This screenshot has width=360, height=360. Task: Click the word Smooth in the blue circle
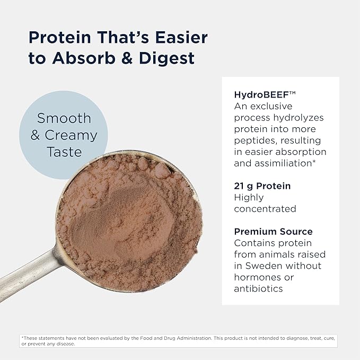click(64, 118)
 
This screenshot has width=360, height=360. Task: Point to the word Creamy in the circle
click(71, 135)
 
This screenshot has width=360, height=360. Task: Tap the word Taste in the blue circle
click(64, 152)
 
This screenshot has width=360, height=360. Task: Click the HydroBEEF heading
click(264, 95)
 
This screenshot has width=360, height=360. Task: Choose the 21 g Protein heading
click(262, 186)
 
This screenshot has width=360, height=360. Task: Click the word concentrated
click(265, 209)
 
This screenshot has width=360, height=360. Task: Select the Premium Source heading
click(273, 232)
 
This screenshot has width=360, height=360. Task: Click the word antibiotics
click(258, 289)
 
